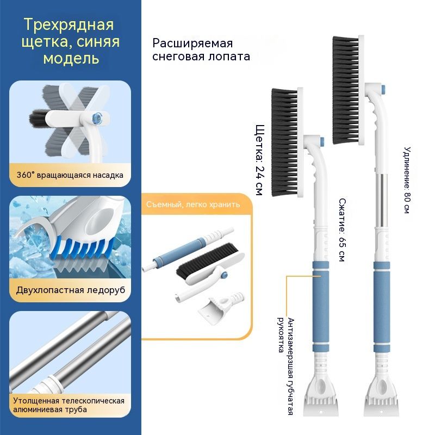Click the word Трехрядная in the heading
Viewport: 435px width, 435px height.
point(69,24)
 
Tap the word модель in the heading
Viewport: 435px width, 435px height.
point(71,59)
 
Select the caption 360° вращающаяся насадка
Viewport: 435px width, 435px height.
point(70,175)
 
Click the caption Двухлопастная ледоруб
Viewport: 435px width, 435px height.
point(71,290)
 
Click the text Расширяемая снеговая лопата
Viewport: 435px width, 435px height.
point(201,49)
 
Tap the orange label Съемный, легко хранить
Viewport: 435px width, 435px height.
point(193,204)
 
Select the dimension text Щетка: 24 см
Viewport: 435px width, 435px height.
point(260,160)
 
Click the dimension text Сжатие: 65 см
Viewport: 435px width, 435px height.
point(343,230)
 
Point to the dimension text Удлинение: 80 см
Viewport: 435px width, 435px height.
point(407,180)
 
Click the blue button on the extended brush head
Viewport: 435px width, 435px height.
point(384,90)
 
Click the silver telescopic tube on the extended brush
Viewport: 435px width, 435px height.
point(381,200)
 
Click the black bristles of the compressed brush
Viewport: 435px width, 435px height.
point(284,142)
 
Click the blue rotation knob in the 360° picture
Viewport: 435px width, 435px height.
point(97,118)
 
